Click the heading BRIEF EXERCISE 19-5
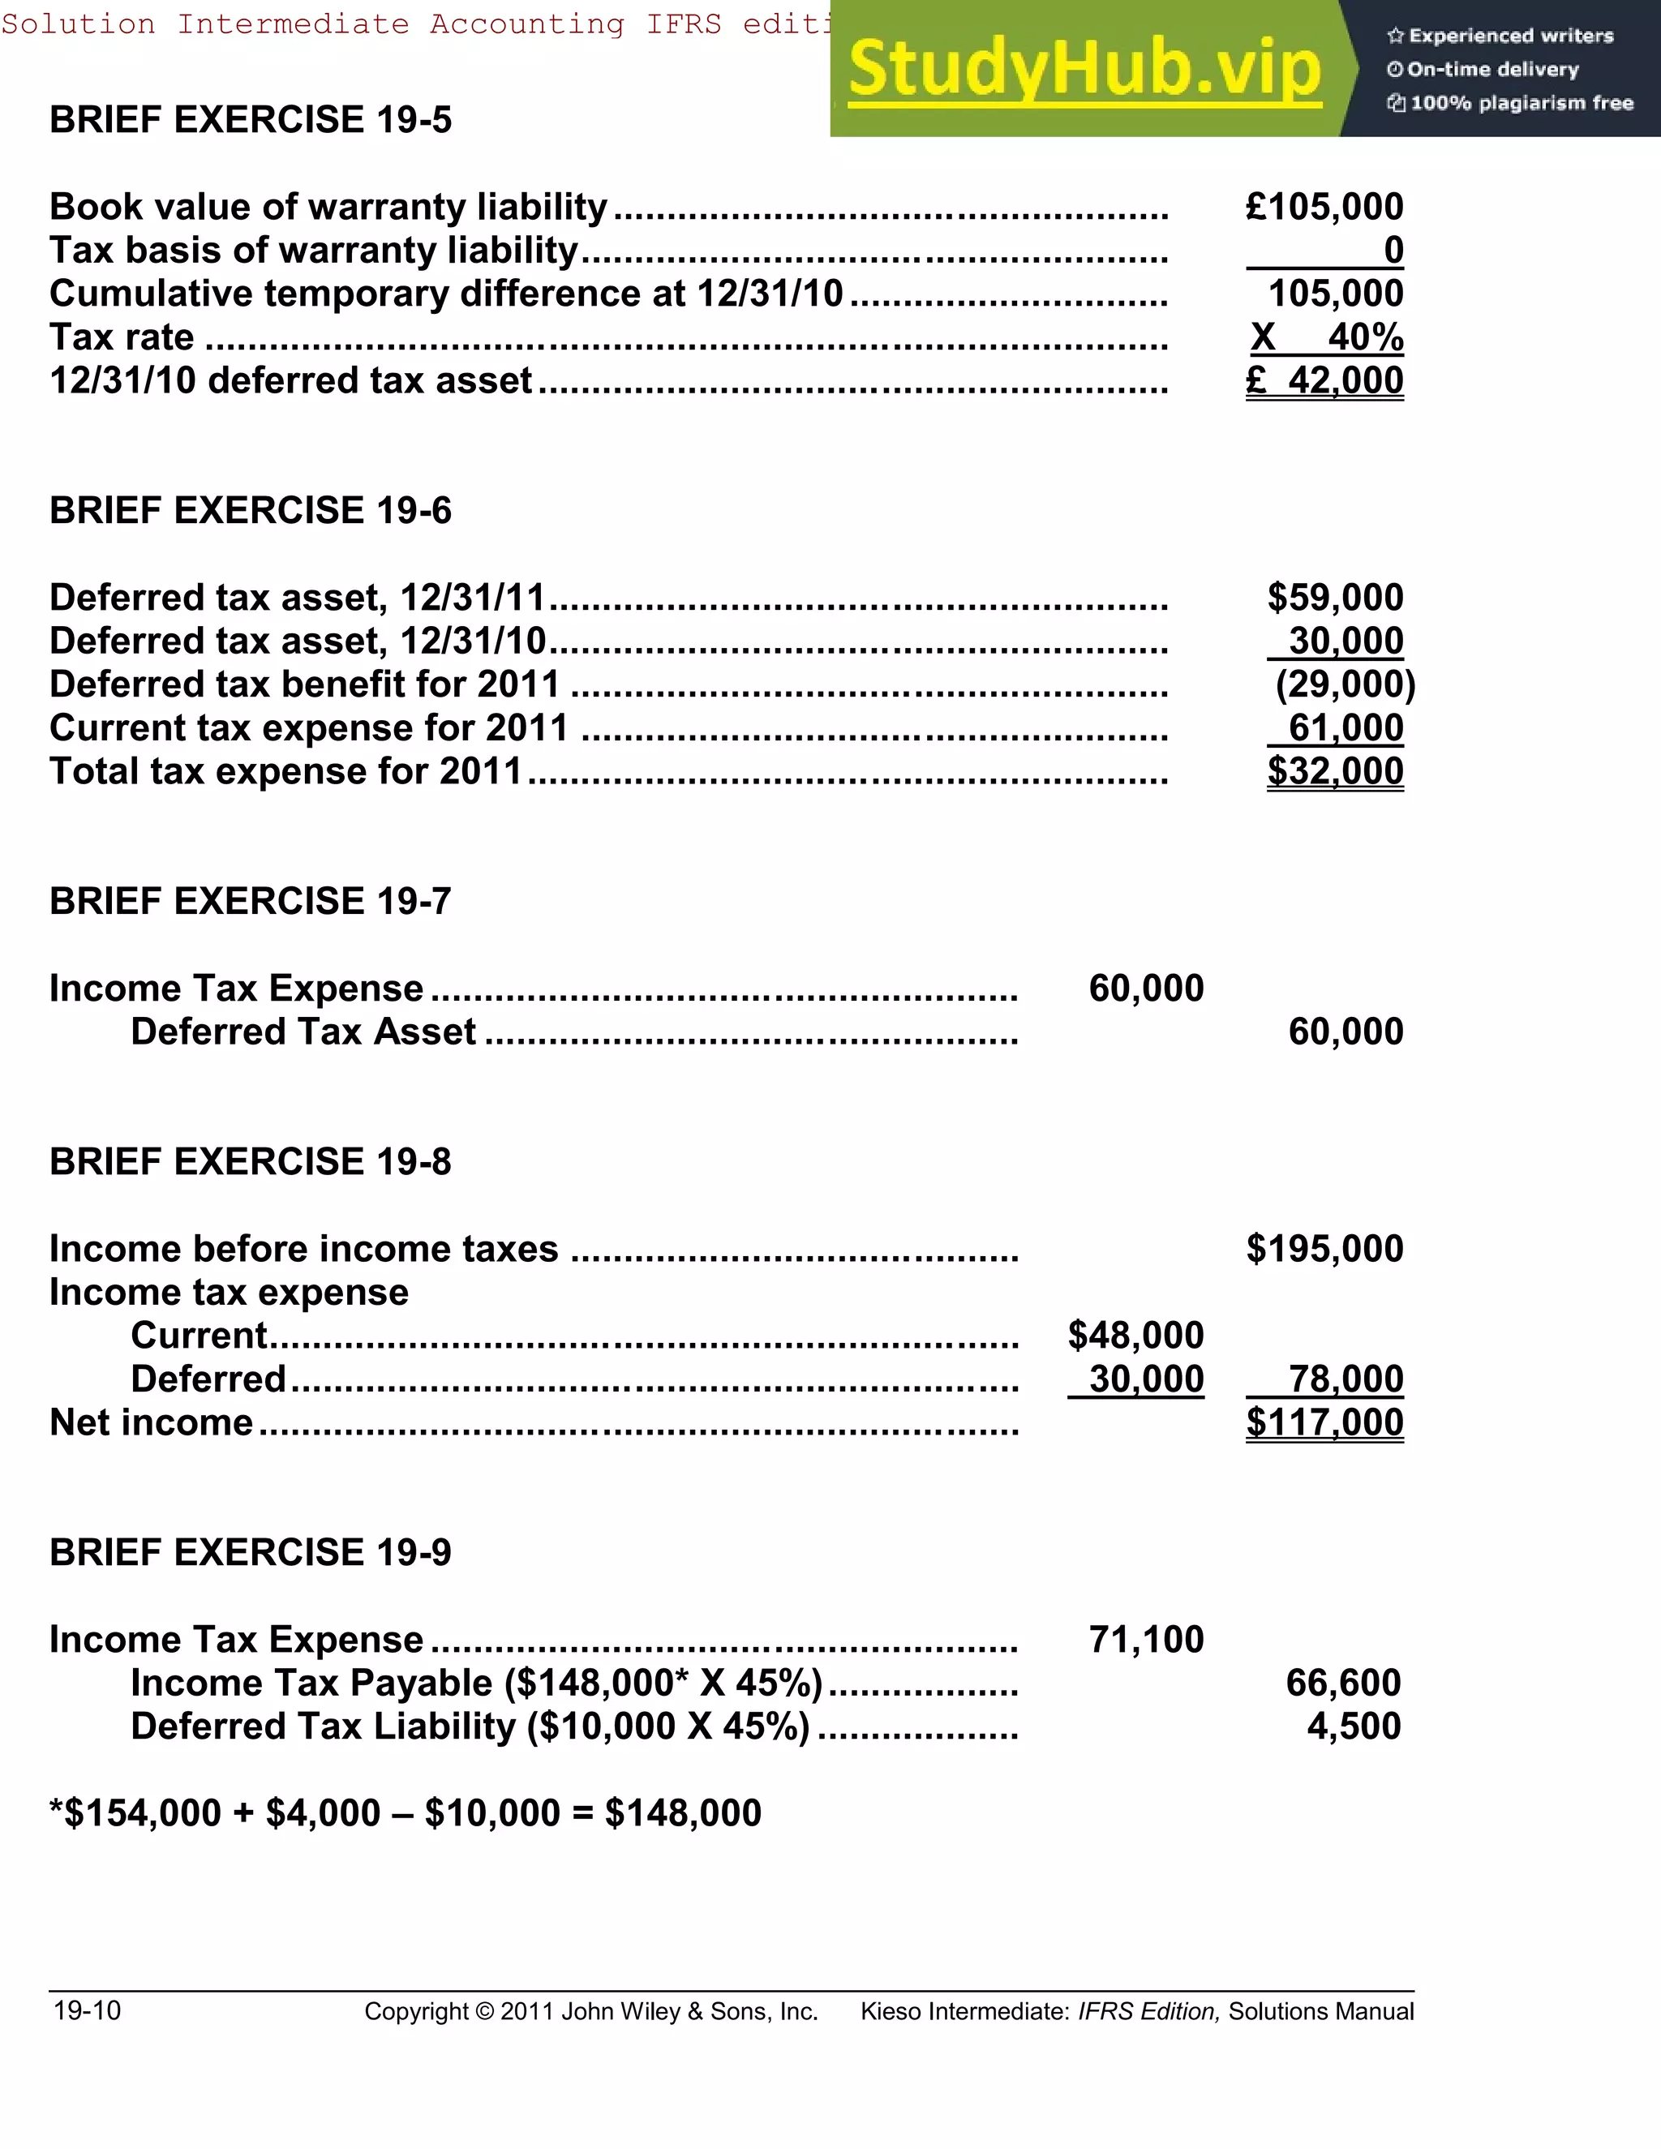(250, 120)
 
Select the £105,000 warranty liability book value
(1324, 207)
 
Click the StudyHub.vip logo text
(1084, 69)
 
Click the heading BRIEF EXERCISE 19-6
(250, 511)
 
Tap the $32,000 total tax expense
(1334, 771)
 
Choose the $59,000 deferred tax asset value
(1334, 598)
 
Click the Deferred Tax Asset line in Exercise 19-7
(303, 1032)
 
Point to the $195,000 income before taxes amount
(1324, 1249)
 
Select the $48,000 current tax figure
(1135, 1336)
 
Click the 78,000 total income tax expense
(1346, 1379)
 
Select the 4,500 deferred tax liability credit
(1353, 1726)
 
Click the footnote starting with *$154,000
(405, 1813)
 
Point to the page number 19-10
(87, 2010)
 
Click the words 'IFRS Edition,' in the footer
(1148, 2012)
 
